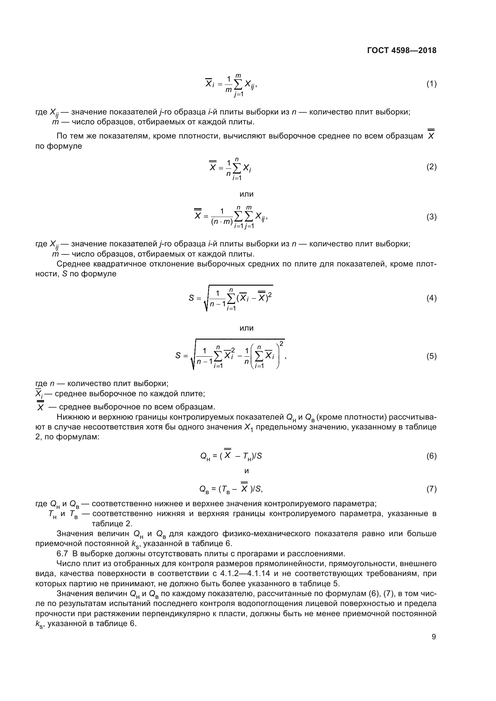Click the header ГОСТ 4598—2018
[402, 50]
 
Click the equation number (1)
[431, 84]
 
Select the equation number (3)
[431, 217]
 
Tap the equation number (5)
[431, 356]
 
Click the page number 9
[434, 637]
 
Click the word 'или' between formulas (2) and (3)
[247, 194]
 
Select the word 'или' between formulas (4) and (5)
[247, 328]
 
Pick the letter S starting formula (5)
[178, 355]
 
